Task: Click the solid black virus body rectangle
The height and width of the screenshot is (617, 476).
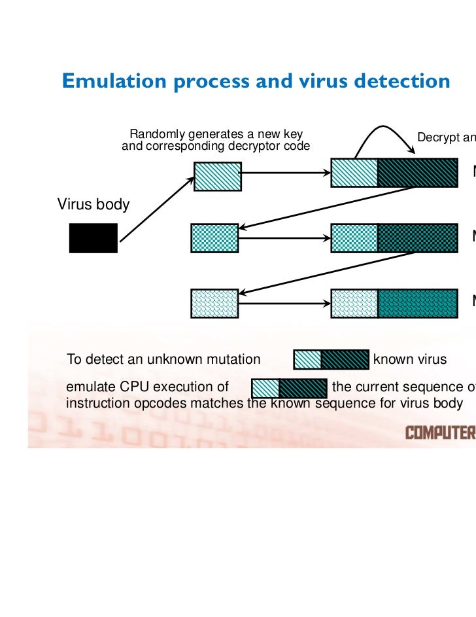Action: pos(93,238)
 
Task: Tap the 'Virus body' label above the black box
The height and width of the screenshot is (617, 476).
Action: pos(93,204)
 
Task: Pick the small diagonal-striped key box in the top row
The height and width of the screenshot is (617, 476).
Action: pos(218,175)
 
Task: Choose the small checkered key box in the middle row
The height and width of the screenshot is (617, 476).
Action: pos(214,238)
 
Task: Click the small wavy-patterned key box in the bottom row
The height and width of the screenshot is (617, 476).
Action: pos(214,303)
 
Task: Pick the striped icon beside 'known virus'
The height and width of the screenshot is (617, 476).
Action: pos(331,359)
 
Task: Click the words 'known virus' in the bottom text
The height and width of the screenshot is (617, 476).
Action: pos(409,359)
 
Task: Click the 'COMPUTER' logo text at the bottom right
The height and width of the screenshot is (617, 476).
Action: pos(440,432)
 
